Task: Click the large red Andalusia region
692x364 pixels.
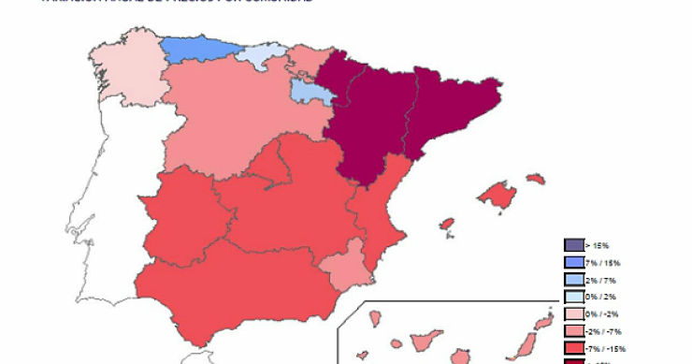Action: pos(234,285)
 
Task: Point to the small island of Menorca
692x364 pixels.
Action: pos(535,178)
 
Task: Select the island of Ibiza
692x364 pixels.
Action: pos(446,225)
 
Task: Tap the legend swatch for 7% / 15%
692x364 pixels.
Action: pos(574,263)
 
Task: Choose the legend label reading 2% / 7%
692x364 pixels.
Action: pos(600,280)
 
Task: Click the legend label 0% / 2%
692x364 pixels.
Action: pos(600,298)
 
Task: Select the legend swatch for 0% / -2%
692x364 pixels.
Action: pos(574,314)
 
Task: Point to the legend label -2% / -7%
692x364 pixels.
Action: pos(603,332)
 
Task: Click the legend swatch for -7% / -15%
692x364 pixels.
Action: pos(574,349)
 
